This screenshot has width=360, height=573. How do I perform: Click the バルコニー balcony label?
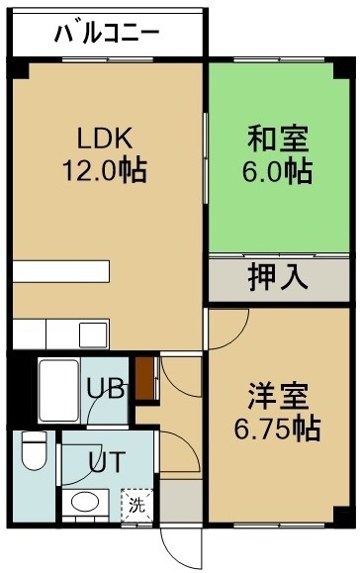[x=107, y=34]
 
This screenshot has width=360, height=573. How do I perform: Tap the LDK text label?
[x=105, y=138]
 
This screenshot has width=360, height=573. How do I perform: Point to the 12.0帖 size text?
[x=105, y=170]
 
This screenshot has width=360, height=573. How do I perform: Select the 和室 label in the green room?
[x=278, y=139]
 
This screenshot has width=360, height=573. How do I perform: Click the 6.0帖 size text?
[x=278, y=170]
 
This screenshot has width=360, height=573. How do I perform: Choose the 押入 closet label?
[x=278, y=277]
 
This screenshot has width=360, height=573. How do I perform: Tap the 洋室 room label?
[x=278, y=396]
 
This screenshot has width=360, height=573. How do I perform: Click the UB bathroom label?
[x=106, y=389]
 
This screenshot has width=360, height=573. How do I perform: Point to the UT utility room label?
[x=108, y=462]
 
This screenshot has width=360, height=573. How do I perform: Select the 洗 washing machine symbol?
[x=137, y=505]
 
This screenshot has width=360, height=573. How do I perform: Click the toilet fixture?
[x=35, y=450]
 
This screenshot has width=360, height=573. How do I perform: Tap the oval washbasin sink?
[x=85, y=502]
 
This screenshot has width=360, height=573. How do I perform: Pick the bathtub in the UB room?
[x=58, y=390]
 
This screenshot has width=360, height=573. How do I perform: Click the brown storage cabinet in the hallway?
[x=145, y=378]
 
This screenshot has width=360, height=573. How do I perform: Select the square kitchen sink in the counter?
[x=94, y=335]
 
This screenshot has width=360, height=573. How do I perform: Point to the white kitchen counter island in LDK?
[x=61, y=271]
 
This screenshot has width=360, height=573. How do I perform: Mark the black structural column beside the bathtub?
[x=22, y=388]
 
